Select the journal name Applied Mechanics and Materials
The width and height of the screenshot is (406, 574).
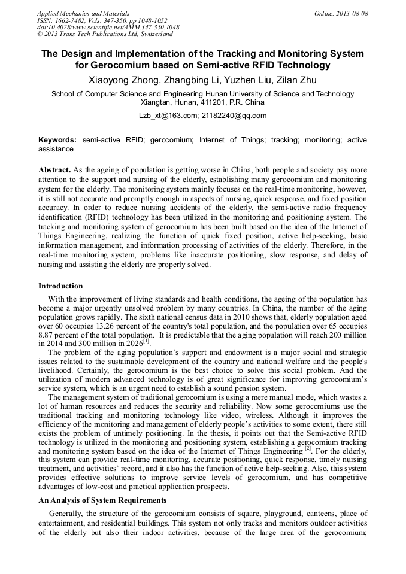point(83,13)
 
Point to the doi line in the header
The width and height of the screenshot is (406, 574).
point(108,28)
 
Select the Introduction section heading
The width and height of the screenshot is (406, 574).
point(60,286)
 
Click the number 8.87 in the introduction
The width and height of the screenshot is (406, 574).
point(48,336)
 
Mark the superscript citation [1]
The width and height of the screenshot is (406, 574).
point(146,342)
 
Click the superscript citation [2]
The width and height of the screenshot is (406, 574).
point(308,448)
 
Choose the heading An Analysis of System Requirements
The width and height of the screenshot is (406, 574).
point(102,500)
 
